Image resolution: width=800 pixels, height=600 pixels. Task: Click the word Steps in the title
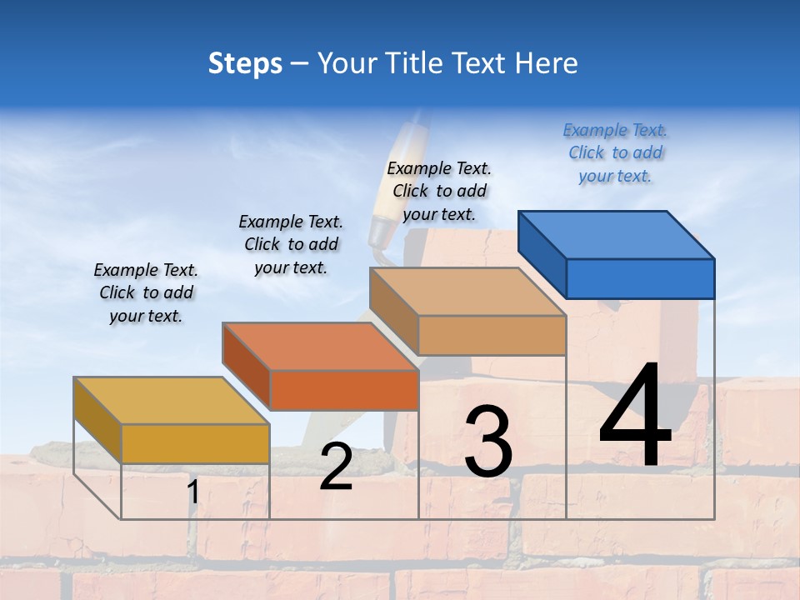tap(244, 63)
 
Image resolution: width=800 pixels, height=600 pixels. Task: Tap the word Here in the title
tap(547, 63)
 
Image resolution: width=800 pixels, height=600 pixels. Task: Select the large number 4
tap(635, 417)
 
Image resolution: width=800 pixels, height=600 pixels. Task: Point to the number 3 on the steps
tap(487, 442)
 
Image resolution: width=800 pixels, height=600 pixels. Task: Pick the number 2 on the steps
tap(336, 467)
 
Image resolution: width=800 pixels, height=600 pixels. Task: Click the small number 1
tap(193, 492)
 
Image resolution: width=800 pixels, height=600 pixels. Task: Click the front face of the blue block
tap(640, 278)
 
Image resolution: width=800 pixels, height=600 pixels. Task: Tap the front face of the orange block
tap(344, 390)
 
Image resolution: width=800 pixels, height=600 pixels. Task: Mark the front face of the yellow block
tap(195, 443)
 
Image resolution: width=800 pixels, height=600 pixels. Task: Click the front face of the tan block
tap(492, 335)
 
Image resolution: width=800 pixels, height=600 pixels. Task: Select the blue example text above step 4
tap(615, 153)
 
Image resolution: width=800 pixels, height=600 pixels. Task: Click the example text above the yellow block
tap(146, 293)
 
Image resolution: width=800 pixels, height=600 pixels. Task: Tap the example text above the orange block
tap(291, 245)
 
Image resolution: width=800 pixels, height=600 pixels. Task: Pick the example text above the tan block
tap(439, 192)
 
